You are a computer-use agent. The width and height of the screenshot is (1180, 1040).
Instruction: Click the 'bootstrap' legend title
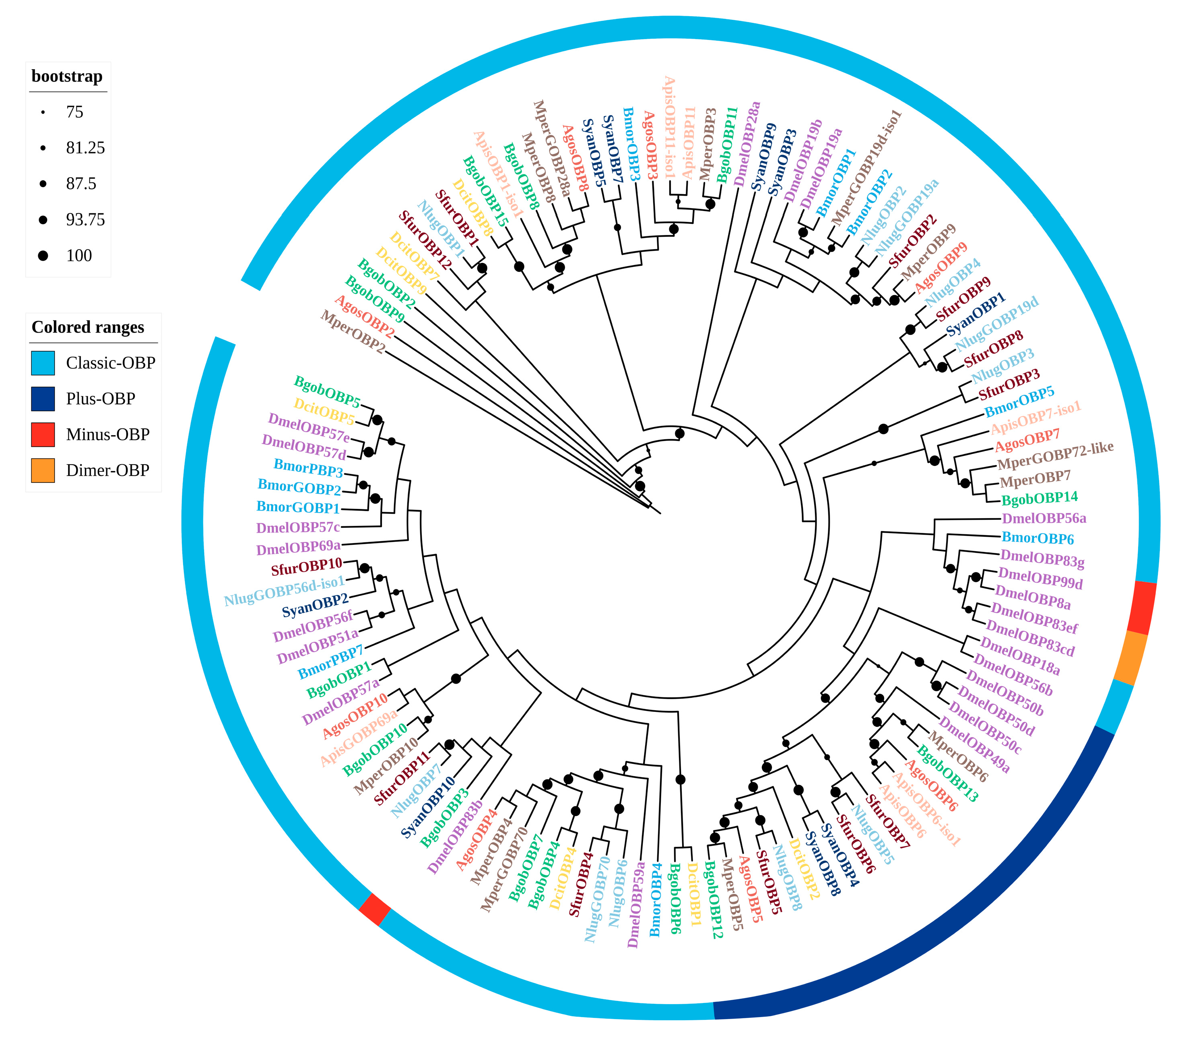pos(67,76)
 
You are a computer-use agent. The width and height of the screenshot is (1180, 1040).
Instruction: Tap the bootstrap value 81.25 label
pos(85,148)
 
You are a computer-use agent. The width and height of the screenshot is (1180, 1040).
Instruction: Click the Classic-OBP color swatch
pos(43,363)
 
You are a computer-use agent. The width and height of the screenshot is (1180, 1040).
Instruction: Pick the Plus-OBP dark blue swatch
pos(43,399)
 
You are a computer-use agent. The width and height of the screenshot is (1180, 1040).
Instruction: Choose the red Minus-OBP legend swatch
pos(43,435)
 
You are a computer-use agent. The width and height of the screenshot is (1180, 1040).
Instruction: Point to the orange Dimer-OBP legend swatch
pos(43,471)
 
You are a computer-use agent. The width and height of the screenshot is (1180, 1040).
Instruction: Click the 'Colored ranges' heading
pos(88,327)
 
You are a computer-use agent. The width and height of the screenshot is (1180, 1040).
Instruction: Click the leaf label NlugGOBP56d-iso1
pos(285,591)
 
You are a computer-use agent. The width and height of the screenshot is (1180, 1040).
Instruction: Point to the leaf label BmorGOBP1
pos(298,508)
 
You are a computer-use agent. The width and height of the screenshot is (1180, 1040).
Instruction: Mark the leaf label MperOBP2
pos(353,332)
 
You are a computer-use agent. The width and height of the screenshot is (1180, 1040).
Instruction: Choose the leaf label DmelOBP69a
pos(298,547)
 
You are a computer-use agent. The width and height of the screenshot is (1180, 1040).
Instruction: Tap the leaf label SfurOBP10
pos(307,567)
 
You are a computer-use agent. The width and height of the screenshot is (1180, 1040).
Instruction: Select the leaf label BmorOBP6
pos(1038,538)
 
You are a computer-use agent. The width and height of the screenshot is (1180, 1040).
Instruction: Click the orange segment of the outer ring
pos(1130,659)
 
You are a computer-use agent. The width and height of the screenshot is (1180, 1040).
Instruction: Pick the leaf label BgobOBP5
pos(327,391)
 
